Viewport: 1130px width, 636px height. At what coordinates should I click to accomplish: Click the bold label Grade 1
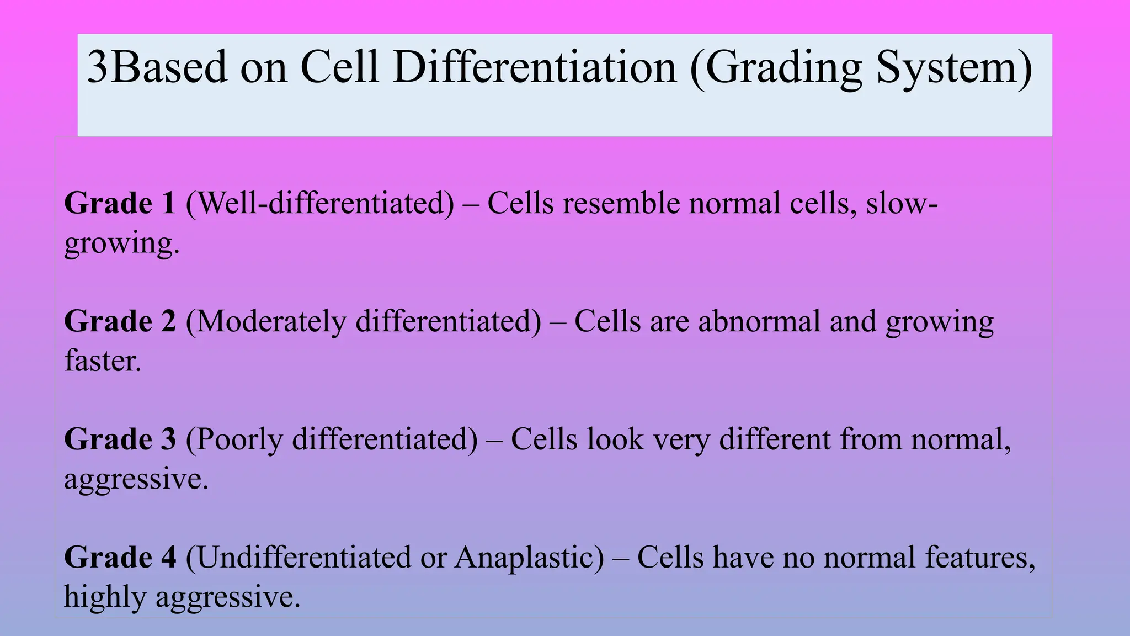[120, 203]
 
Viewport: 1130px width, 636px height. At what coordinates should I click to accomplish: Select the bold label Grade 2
[120, 321]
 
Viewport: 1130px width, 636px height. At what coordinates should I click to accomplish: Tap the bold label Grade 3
[120, 439]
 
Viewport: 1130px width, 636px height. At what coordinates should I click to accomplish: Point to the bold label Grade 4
[120, 557]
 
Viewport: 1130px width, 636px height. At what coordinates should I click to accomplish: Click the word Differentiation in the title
[534, 67]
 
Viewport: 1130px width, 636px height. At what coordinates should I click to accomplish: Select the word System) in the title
[954, 67]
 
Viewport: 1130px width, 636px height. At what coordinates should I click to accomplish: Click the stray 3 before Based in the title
[98, 67]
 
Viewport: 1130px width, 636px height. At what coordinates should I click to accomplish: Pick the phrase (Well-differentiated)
[320, 203]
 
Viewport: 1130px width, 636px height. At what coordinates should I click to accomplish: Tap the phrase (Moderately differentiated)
[364, 321]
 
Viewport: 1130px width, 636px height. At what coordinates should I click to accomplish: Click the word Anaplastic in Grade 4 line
[529, 557]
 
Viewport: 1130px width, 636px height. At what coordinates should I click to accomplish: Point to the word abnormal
[759, 321]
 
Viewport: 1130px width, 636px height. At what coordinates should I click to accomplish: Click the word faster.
[103, 361]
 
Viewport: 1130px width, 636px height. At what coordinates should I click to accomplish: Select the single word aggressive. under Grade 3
[136, 479]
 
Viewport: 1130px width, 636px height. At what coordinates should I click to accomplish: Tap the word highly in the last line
[104, 597]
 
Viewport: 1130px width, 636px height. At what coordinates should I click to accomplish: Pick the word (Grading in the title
[776, 67]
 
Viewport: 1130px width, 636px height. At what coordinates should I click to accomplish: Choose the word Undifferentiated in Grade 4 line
[298, 557]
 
